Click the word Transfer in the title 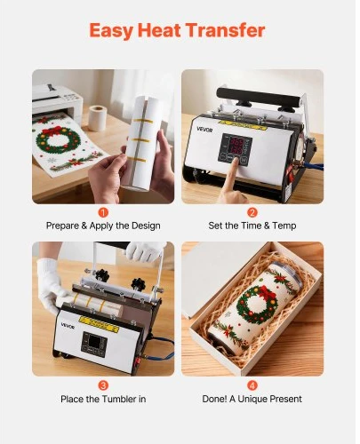225,30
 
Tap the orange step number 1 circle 103,212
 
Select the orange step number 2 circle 252,212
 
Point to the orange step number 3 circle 103,385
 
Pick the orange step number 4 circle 252,385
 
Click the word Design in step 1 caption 146,226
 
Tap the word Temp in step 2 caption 284,226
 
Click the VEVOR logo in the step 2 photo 204,130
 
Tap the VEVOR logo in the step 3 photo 68,325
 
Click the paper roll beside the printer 98,117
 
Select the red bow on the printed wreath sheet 52,131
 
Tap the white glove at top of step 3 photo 145,250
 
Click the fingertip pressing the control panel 236,162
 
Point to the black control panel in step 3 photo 93,345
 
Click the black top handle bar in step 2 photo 260,97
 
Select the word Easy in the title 110,31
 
